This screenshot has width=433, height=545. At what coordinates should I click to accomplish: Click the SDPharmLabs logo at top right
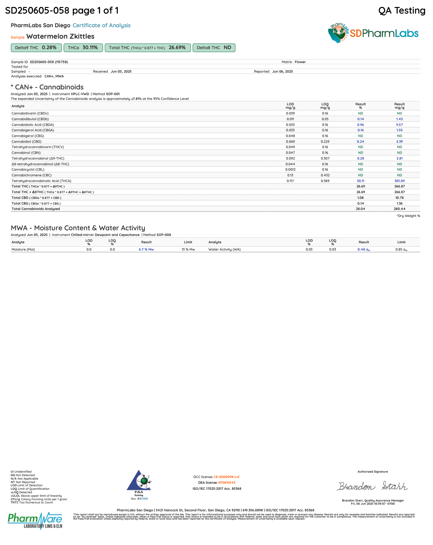[373, 33]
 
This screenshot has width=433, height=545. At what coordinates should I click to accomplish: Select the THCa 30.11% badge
[83, 48]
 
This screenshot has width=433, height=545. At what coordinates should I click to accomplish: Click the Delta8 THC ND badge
[214, 48]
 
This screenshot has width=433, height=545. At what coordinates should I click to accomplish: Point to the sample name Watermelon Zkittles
[60, 36]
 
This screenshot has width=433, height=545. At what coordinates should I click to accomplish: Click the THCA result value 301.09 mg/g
[399, 181]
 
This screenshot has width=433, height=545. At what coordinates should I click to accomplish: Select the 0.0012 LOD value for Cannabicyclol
[290, 169]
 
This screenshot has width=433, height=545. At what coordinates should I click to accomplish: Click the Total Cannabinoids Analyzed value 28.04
[360, 209]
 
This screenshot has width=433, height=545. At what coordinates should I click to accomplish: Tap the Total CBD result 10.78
[399, 198]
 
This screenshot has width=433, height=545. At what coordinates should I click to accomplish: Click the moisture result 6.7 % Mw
[146, 249]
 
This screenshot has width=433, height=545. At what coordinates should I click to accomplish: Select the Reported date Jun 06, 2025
[282, 71]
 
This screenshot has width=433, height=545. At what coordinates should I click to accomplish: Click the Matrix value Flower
[300, 62]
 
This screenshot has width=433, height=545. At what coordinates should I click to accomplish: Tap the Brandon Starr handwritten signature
[372, 486]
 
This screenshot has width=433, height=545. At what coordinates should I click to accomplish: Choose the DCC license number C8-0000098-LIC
[226, 477]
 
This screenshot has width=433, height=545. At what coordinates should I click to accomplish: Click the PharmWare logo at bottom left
[35, 521]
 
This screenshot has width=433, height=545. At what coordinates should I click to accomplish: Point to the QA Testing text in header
[402, 10]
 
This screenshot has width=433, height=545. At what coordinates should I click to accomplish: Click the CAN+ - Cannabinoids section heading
[47, 87]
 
